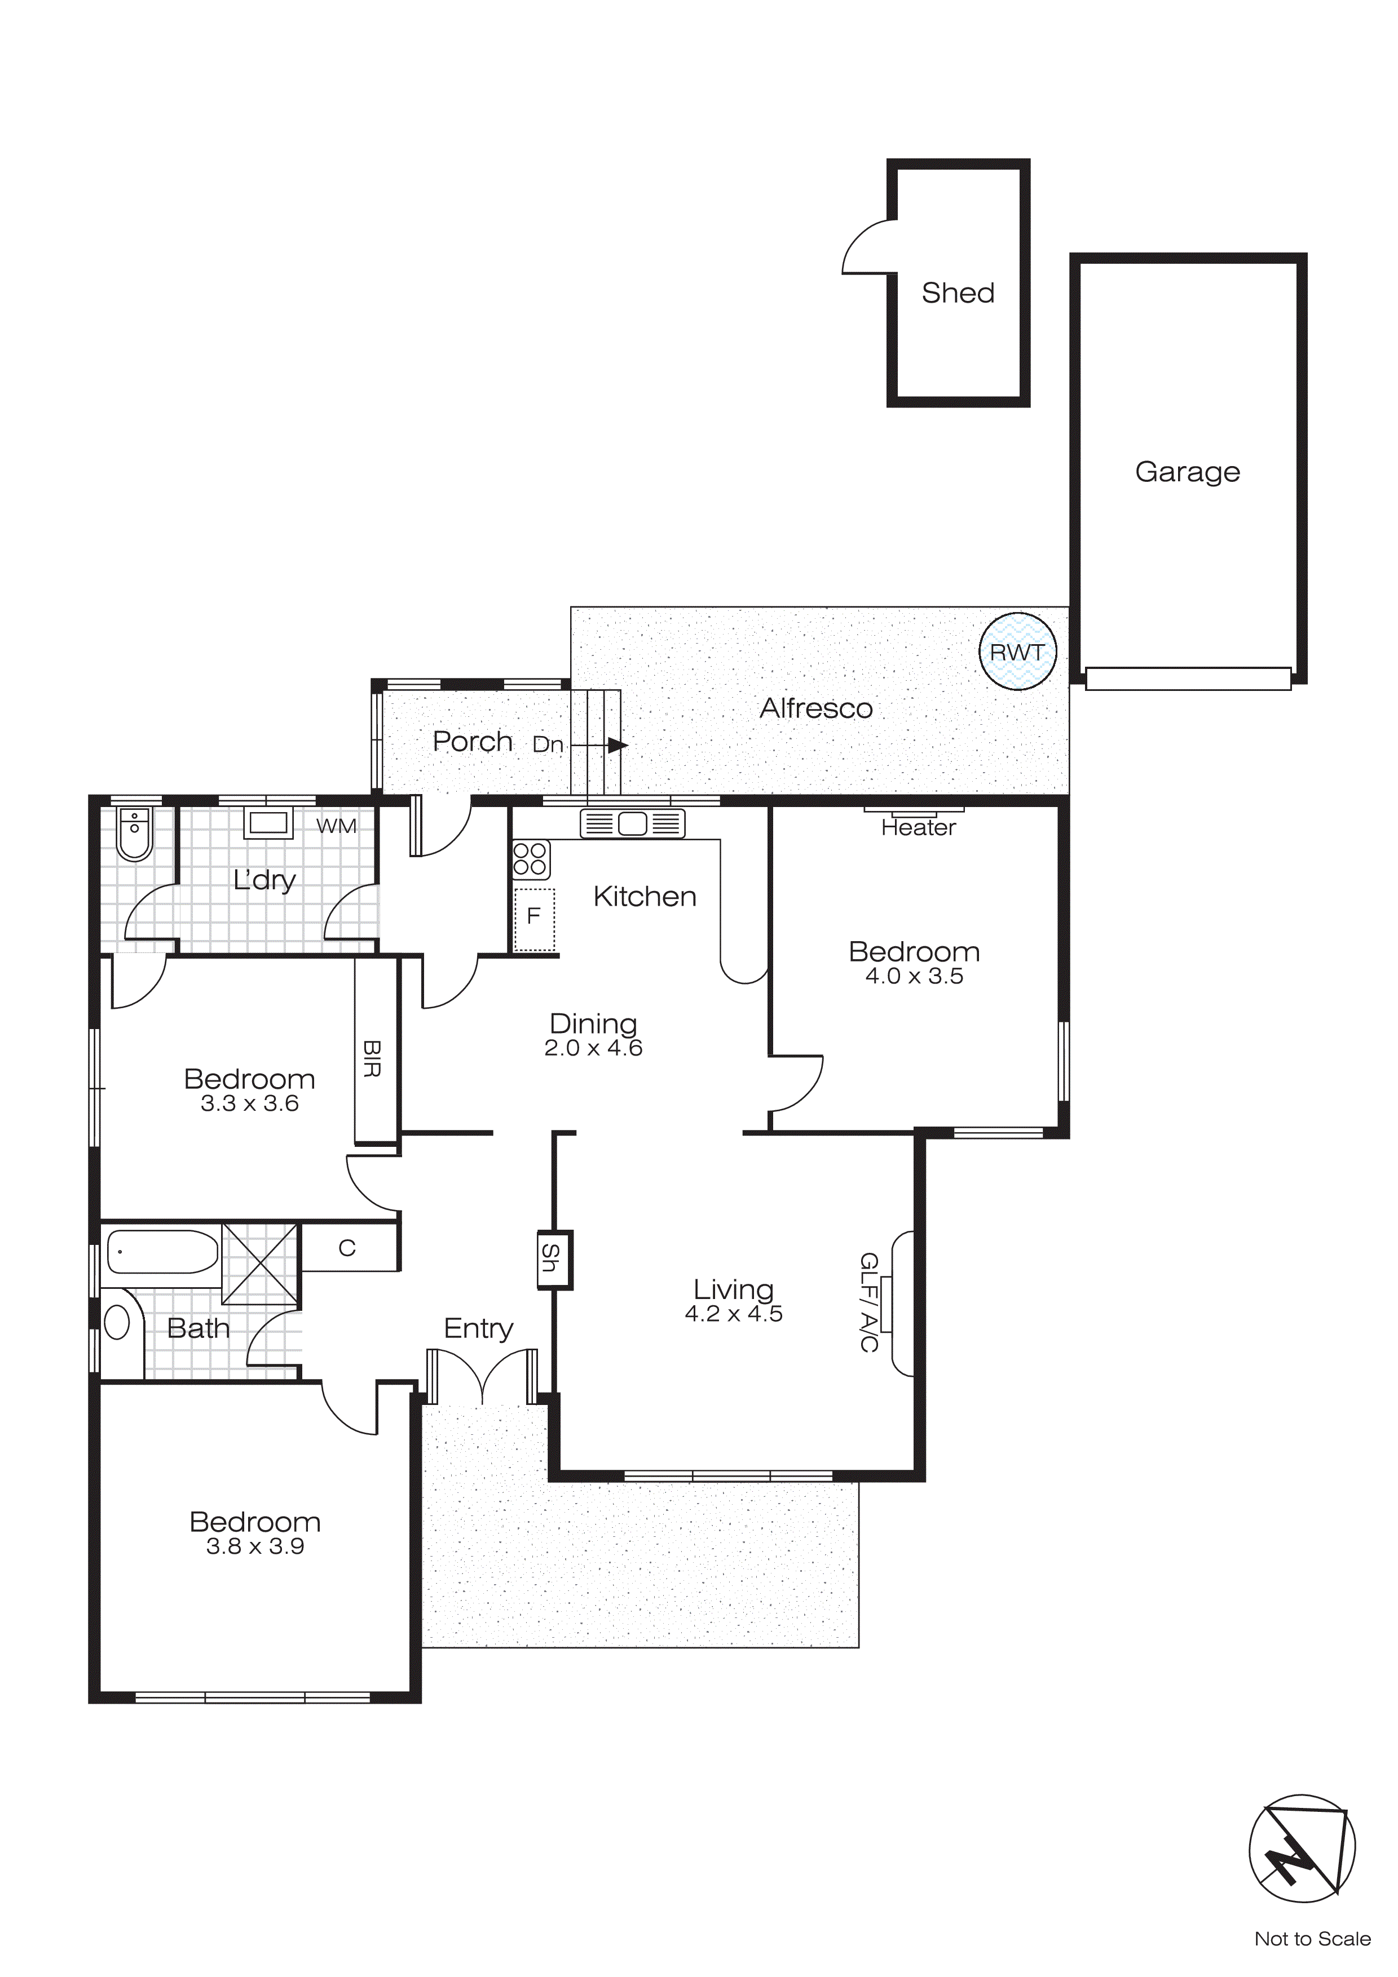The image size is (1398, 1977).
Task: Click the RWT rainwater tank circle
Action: pos(1017,652)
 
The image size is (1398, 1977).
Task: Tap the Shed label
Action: pos(958,292)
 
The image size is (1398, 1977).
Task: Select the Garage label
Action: pos(1187,471)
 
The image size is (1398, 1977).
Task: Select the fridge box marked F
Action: pos(534,919)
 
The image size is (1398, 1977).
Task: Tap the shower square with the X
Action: pos(260,1263)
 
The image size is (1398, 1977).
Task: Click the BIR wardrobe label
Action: pos(371,1058)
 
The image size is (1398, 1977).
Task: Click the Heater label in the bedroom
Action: pos(918,827)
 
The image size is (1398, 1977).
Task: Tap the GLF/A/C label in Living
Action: pos(869,1302)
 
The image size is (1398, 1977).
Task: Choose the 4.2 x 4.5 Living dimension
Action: pos(733,1313)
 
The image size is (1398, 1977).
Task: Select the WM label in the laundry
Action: pos(336,826)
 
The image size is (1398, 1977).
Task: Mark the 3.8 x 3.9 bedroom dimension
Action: pos(255,1546)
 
